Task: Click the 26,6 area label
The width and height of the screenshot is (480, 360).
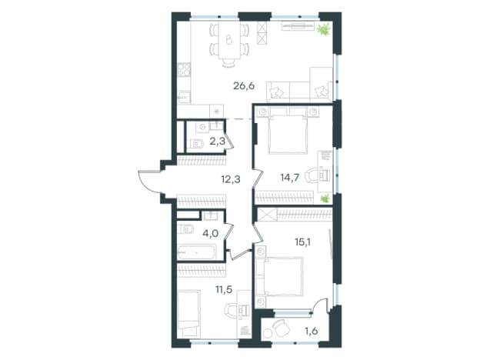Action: tap(244, 86)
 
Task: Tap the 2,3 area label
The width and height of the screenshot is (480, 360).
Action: tap(218, 141)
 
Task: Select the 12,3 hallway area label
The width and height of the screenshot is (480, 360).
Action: tap(231, 179)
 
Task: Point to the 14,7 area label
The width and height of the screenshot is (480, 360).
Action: tap(290, 177)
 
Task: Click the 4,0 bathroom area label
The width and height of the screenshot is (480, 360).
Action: tap(211, 234)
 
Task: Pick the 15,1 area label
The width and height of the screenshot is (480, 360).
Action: tap(303, 242)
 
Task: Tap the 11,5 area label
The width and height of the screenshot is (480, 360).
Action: tap(224, 289)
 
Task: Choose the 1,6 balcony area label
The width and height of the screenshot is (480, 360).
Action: tap(312, 331)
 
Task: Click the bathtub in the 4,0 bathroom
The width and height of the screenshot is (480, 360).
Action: tap(197, 252)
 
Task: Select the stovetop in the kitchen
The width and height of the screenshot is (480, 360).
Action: tap(184, 70)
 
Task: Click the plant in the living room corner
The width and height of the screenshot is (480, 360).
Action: tap(324, 30)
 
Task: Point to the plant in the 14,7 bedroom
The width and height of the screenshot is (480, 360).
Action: tap(325, 198)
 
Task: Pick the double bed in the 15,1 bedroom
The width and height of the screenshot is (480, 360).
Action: tap(280, 276)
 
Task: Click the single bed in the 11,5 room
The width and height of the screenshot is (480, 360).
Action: tap(189, 314)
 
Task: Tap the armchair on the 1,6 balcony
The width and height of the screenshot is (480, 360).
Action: tap(281, 328)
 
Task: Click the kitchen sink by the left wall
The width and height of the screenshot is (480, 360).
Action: tap(184, 98)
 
